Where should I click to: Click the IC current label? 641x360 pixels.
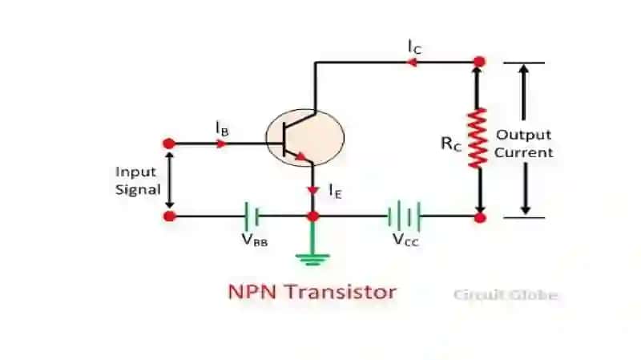coord(414,47)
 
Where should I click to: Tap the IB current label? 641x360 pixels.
coord(222,128)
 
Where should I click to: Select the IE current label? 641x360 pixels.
coord(335,191)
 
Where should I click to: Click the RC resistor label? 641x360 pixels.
coord(451,144)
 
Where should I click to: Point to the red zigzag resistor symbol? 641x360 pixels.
coord(478,138)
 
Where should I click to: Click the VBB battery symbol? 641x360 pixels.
coord(251,216)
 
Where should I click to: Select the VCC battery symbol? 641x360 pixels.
coord(404,216)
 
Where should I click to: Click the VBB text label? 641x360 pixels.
coord(254,240)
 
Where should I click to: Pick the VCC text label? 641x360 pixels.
coord(405,240)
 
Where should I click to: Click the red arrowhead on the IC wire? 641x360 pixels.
coord(412,63)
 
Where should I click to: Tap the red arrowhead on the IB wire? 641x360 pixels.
coord(221,144)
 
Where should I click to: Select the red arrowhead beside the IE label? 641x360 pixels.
coord(313,191)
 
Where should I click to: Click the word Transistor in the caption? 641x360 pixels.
coord(341,292)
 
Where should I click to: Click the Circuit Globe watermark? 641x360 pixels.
coord(506,295)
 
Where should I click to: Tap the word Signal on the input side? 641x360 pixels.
coord(138,189)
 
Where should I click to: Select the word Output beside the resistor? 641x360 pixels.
coord(524,135)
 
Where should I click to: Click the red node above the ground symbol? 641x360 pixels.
coord(313,216)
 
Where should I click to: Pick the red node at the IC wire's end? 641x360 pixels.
coord(479,62)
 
